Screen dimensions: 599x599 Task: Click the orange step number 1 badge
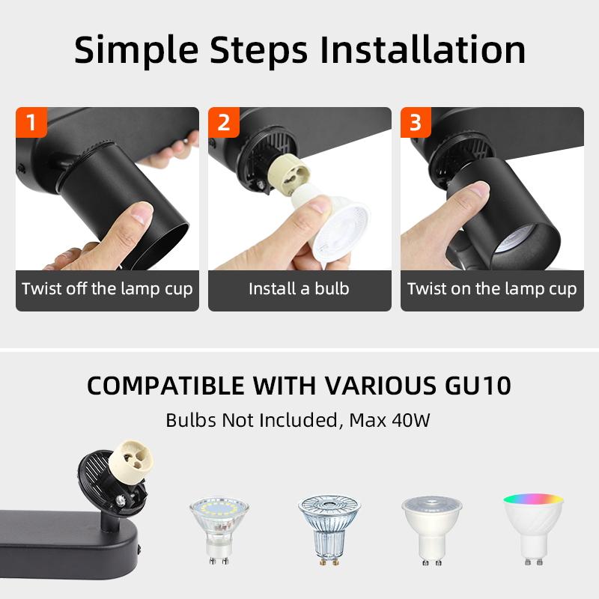point(31,122)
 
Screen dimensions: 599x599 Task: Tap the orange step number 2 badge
point(223,122)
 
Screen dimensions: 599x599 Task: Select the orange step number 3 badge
point(416,122)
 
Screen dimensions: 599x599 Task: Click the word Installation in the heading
point(422,49)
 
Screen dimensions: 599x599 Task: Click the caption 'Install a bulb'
point(299,288)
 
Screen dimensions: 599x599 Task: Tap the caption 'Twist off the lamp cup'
point(107,288)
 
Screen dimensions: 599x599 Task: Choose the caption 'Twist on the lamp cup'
point(492,288)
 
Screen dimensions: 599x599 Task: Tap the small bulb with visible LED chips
point(219,528)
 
